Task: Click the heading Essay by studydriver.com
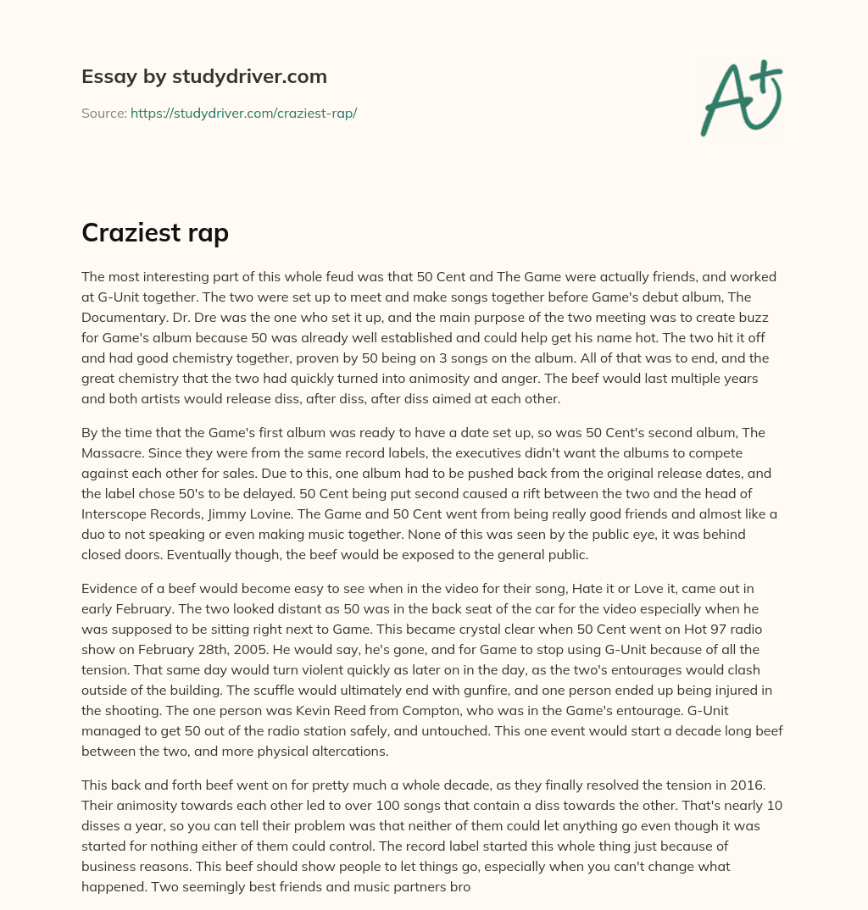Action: tap(203, 77)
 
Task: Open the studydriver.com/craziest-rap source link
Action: tap(243, 113)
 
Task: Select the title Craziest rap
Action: tap(155, 232)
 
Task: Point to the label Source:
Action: tap(103, 113)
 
